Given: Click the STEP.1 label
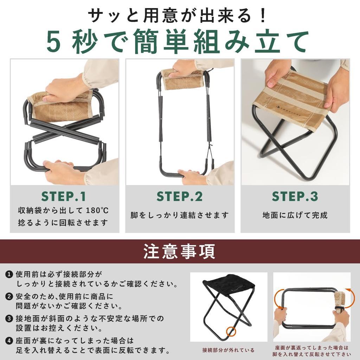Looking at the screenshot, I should pos(64,197).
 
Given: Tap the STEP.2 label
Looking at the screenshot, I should pos(180,197).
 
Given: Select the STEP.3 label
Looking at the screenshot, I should pos(295,197).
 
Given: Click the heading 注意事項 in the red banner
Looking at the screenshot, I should pos(179,251).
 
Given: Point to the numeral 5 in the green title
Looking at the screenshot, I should pos(56,41).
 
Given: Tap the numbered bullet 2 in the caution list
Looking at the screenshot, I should pos(9,296).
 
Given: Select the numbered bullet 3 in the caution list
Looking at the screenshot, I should pos(9,319).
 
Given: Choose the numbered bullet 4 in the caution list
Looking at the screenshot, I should pos(9,341).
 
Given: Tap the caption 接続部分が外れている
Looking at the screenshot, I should pos(228,350).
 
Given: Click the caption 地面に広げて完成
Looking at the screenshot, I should pos(295,215).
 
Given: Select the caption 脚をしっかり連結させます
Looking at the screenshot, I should pos(180,215).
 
